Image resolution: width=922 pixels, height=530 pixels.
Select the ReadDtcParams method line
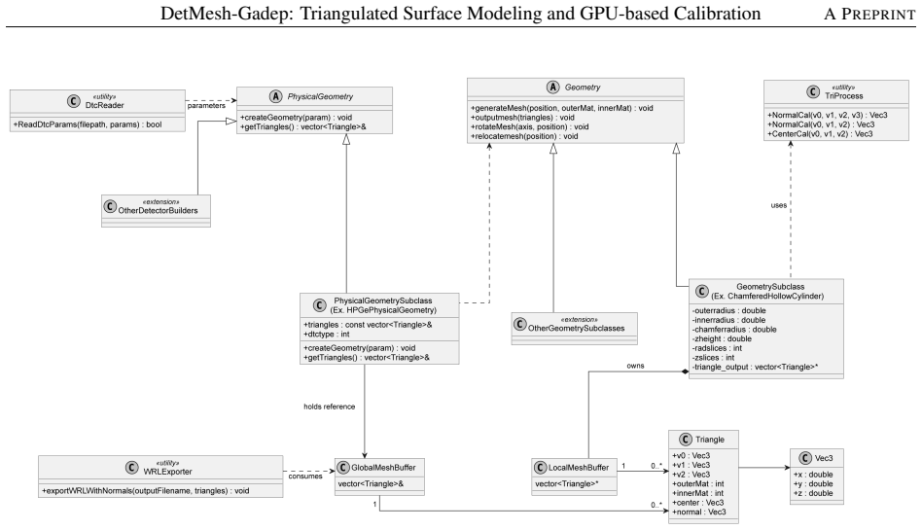tap(88, 124)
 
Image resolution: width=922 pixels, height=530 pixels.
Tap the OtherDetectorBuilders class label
tap(159, 211)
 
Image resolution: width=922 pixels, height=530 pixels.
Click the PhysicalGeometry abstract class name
tap(321, 96)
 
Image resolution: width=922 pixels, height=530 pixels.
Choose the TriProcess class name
tap(844, 96)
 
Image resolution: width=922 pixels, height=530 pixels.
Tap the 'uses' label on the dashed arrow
tap(778, 205)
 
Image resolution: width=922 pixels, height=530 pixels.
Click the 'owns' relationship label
tap(635, 366)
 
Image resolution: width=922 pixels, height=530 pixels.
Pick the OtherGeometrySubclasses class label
tap(576, 329)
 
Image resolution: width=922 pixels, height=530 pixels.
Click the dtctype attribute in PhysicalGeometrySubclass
tap(327, 335)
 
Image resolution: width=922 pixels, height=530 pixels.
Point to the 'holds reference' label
tap(330, 406)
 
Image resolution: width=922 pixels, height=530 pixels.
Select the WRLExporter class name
tap(167, 472)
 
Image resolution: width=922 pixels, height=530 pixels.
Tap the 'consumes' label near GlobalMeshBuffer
tap(305, 476)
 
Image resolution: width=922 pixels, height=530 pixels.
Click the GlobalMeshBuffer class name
tap(383, 468)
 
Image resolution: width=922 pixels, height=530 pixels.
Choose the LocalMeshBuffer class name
tap(579, 468)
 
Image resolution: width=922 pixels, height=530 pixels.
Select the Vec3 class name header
tap(824, 458)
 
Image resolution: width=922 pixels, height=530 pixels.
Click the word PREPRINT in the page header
tap(878, 15)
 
